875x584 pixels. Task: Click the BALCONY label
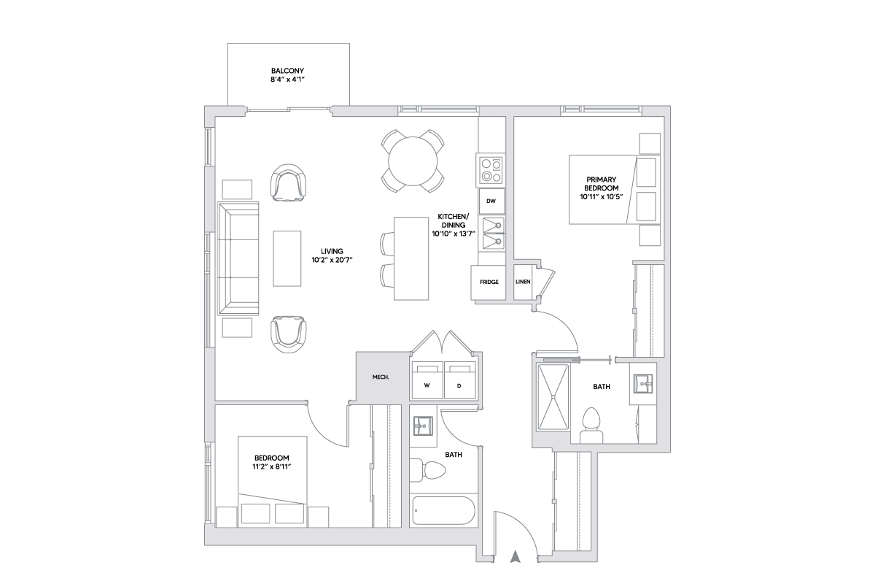287,71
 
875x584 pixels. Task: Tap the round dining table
413,161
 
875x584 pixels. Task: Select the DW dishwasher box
491,201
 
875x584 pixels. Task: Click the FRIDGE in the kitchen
489,283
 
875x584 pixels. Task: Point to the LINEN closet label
523,282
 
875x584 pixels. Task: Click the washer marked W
427,380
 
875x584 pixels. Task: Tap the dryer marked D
460,380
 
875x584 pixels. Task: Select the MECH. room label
381,377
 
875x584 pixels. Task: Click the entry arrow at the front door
516,556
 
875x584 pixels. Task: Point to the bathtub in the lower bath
444,510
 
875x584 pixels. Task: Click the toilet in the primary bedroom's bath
591,426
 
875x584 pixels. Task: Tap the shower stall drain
553,397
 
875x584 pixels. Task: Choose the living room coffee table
287,258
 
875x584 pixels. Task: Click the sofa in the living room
238,258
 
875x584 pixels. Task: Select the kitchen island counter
411,258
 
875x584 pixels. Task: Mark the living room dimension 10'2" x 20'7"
332,260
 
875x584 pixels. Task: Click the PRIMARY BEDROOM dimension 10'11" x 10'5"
601,197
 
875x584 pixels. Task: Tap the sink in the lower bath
423,426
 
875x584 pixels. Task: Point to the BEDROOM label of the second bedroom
272,458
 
